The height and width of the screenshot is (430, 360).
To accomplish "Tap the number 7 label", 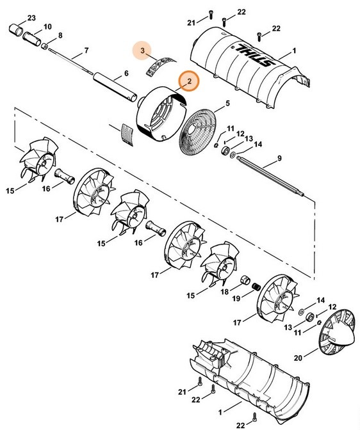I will click(86, 50).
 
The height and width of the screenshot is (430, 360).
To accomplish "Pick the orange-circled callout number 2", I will click(189, 81).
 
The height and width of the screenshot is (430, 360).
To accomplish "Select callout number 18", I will click(224, 292).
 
